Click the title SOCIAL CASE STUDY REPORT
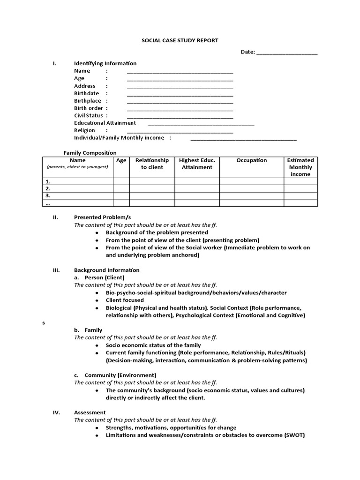coord(180,41)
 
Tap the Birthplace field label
coord(88,101)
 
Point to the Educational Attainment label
coord(105,123)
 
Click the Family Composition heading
coord(90,153)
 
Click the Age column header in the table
coord(121,160)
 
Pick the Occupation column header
coord(251,160)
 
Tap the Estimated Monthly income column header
coord(300,167)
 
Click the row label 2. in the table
coord(47,188)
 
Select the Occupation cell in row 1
coord(251,181)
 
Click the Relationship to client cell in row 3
coord(152,195)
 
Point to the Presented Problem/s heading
coord(102,217)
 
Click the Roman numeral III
coord(55,270)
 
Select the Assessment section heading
coord(90,412)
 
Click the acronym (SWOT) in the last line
coord(294,435)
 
